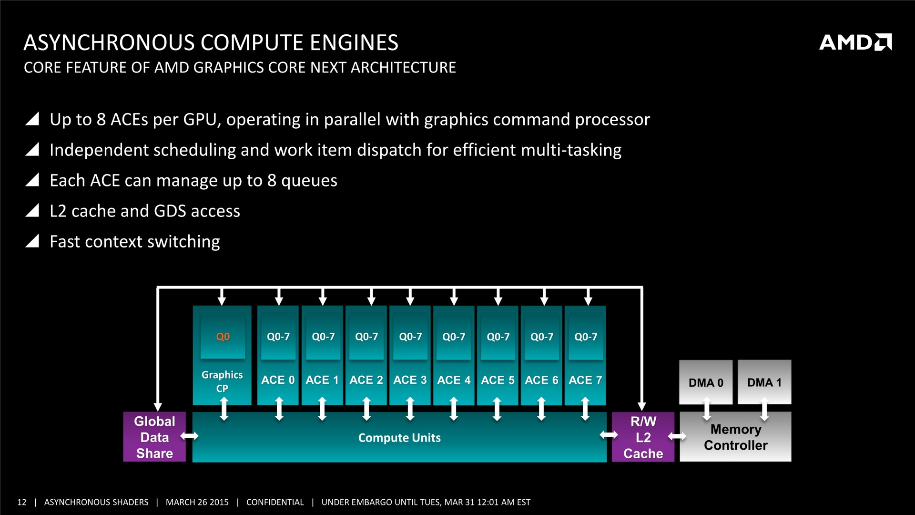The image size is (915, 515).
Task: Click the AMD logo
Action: [855, 42]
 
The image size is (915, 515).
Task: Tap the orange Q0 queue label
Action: [223, 337]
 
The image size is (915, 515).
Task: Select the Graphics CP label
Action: [222, 381]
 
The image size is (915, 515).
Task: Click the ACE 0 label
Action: [278, 380]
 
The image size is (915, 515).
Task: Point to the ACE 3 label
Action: [410, 380]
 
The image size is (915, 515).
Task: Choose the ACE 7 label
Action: [585, 380]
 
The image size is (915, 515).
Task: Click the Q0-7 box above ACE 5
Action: [498, 337]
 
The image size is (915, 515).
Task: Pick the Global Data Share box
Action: [154, 437]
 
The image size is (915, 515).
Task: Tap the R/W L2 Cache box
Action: [643, 437]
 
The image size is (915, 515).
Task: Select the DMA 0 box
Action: [706, 382]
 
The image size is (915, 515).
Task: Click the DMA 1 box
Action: [764, 382]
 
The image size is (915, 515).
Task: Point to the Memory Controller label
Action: [735, 437]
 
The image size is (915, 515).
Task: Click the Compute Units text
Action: [399, 438]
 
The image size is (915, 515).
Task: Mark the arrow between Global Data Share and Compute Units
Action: [189, 436]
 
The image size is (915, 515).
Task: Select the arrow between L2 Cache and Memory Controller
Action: [677, 436]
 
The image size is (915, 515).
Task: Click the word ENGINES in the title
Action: [354, 42]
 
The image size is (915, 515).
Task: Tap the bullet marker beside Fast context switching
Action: [32, 241]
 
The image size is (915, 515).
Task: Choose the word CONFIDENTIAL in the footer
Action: [275, 502]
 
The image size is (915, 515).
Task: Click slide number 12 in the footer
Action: [22, 502]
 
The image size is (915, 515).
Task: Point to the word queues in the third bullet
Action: [309, 181]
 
